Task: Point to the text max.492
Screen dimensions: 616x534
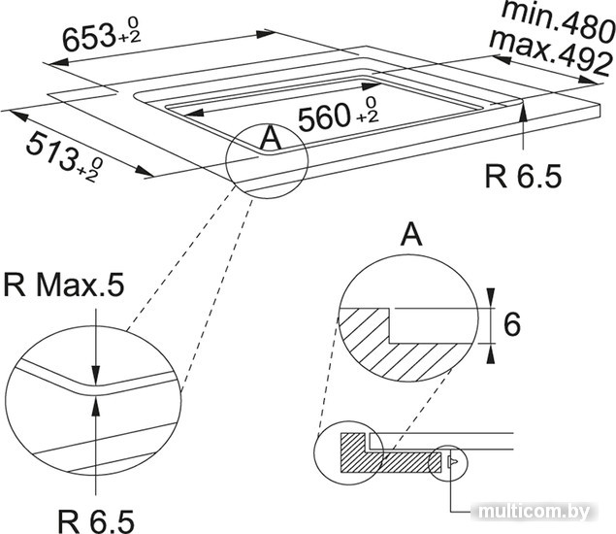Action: (551, 51)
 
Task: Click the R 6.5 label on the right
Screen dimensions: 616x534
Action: (523, 176)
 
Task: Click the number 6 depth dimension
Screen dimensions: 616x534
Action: (511, 324)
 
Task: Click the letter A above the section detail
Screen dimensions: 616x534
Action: (411, 234)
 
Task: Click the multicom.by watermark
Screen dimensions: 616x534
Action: (535, 512)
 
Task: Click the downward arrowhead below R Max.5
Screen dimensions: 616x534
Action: (95, 375)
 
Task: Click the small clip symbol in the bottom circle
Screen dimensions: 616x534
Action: (452, 460)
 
